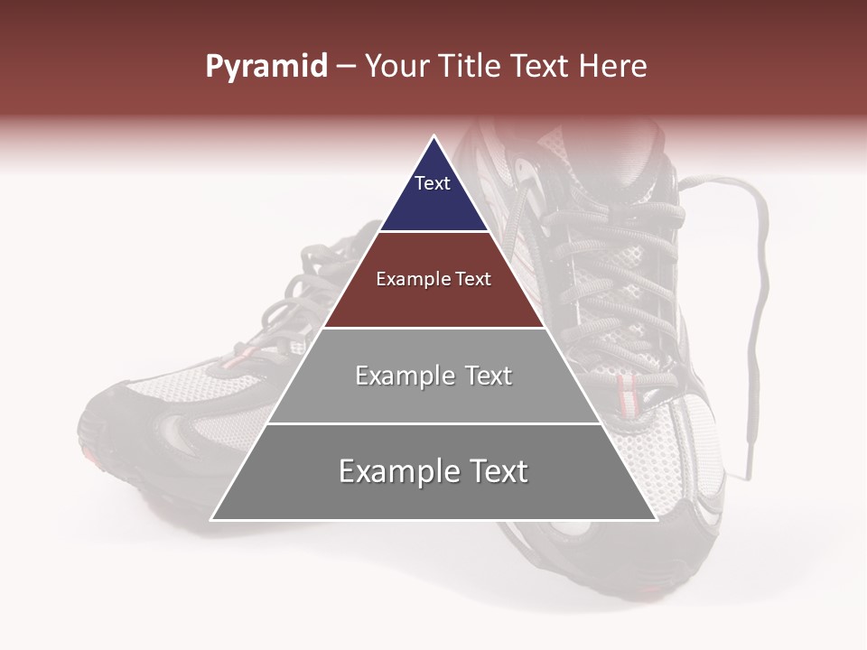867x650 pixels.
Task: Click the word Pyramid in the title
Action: click(266, 67)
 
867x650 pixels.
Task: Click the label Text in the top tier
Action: click(433, 183)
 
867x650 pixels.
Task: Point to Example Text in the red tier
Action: click(433, 279)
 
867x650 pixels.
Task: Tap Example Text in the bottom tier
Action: click(433, 471)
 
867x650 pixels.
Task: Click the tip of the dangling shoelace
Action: click(747, 473)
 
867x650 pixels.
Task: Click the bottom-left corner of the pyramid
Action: click(212, 519)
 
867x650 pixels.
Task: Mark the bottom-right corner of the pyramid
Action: click(656, 519)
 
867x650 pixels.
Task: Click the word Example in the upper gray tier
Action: click(395, 376)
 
